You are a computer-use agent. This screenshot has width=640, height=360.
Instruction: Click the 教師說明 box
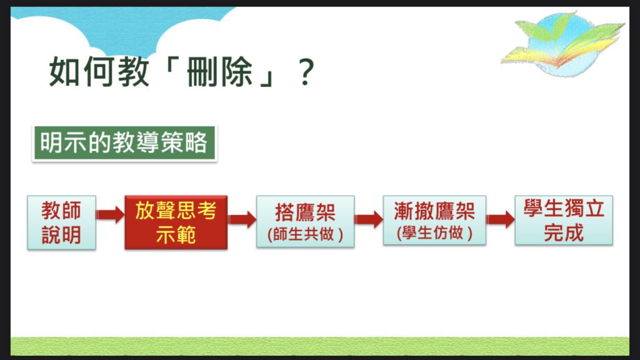(61, 222)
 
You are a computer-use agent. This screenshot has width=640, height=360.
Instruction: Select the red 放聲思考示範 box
(176, 222)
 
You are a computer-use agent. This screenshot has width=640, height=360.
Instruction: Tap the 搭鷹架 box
(305, 222)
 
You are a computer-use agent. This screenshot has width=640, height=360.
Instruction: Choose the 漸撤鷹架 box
(434, 222)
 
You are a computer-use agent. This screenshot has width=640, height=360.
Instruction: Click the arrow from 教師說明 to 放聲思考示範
(111, 215)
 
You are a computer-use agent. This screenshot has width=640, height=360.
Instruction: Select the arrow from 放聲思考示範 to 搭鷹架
(242, 219)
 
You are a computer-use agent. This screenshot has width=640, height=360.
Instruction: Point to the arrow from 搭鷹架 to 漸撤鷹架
(369, 219)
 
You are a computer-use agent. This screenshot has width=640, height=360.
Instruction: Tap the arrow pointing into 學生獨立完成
(500, 219)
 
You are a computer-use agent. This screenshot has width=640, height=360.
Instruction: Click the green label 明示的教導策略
(124, 144)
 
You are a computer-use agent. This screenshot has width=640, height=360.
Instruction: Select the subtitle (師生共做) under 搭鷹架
(305, 235)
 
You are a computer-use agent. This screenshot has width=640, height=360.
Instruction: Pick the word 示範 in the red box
(176, 235)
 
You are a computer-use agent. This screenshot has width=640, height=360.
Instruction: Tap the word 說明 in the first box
(61, 235)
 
